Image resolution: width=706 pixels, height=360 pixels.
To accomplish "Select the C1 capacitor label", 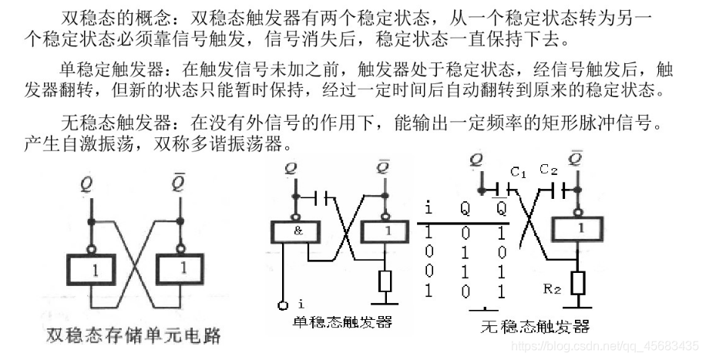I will [x=518, y=174].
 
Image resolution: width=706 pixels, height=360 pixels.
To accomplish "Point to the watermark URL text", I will [x=606, y=346].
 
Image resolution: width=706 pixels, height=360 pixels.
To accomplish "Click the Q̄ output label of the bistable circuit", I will [x=178, y=184].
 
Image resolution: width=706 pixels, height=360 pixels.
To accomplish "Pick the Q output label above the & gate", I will [x=290, y=168].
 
